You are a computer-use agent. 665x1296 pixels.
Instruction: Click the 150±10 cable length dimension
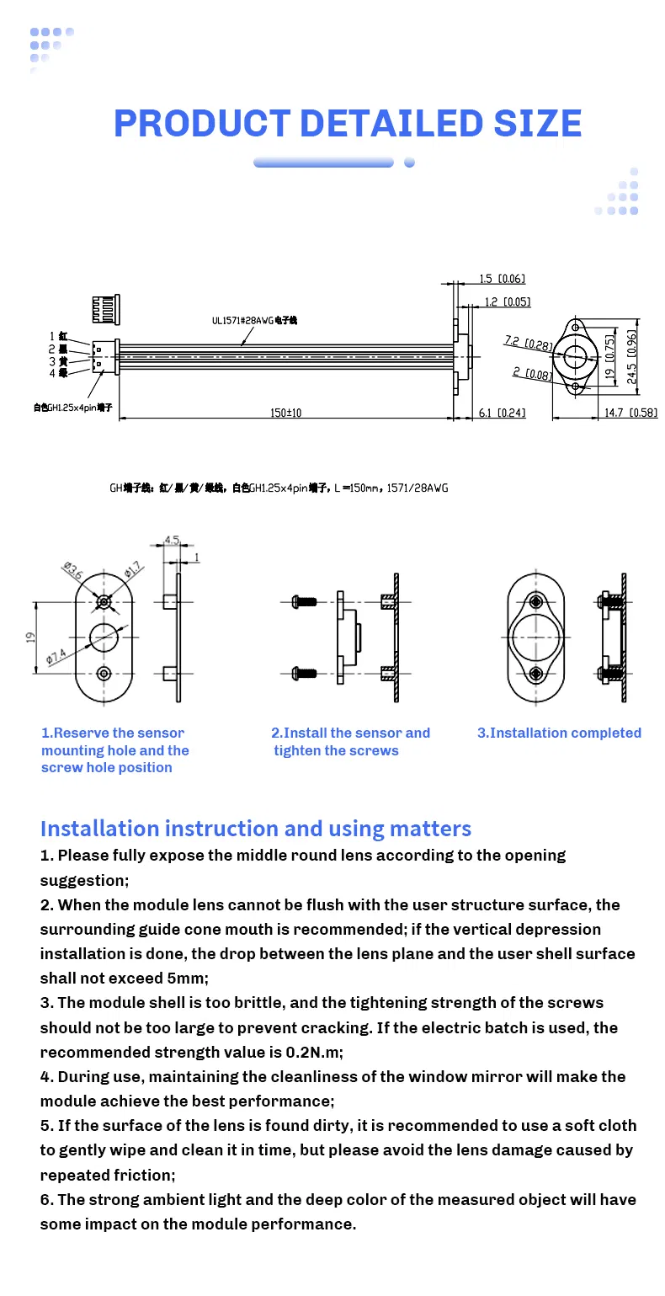pos(285,413)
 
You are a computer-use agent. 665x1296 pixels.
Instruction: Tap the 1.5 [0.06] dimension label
pos(502,280)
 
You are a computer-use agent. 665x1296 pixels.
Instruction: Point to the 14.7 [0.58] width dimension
pos(631,413)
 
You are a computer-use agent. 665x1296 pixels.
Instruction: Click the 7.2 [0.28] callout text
pos(528,343)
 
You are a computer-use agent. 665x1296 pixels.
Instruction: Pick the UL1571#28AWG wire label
pos(254,320)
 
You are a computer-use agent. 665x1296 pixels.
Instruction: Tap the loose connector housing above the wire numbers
pos(107,310)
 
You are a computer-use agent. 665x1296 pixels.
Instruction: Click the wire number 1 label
pos(52,336)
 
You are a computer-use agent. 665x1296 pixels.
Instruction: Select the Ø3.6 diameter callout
pos(72,571)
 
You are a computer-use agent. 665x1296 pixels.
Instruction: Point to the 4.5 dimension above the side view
pos(172,541)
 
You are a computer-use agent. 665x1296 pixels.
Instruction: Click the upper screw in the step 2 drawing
pos(302,601)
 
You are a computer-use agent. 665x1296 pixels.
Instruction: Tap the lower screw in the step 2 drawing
pos(302,672)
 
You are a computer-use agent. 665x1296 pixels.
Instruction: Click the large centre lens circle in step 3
pos(536,637)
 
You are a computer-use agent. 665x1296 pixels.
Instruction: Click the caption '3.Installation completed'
pos(559,733)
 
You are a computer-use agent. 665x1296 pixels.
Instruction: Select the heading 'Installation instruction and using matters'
pos(255,829)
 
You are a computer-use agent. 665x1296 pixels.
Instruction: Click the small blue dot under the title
pos(409,163)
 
